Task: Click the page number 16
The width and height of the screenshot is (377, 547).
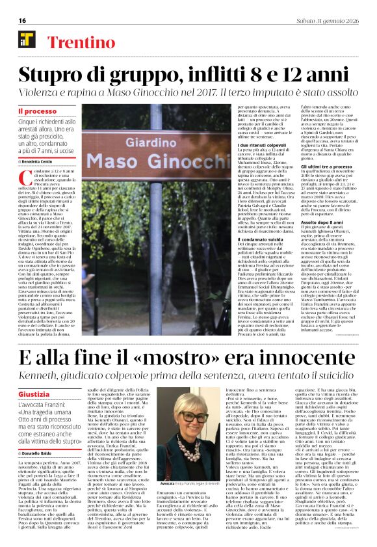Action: tap(23, 20)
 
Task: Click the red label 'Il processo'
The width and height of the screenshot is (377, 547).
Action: tap(37, 111)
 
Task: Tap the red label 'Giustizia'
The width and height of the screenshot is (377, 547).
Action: tap(34, 395)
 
